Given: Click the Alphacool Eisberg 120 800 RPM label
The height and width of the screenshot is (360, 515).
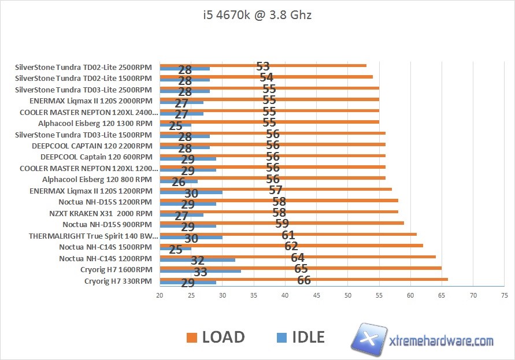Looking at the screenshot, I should point(97,179).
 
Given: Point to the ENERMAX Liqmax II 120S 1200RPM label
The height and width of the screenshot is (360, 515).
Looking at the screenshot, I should point(91,190).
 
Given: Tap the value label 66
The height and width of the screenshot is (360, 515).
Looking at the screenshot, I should point(304,280).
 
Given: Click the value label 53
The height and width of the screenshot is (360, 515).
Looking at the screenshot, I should point(263,66).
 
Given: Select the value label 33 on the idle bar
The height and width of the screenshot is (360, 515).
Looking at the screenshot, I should point(200,272).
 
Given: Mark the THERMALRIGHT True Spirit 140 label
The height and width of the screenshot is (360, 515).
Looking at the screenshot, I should point(93,236).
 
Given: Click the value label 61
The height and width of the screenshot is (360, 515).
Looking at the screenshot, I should point(288,235).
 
